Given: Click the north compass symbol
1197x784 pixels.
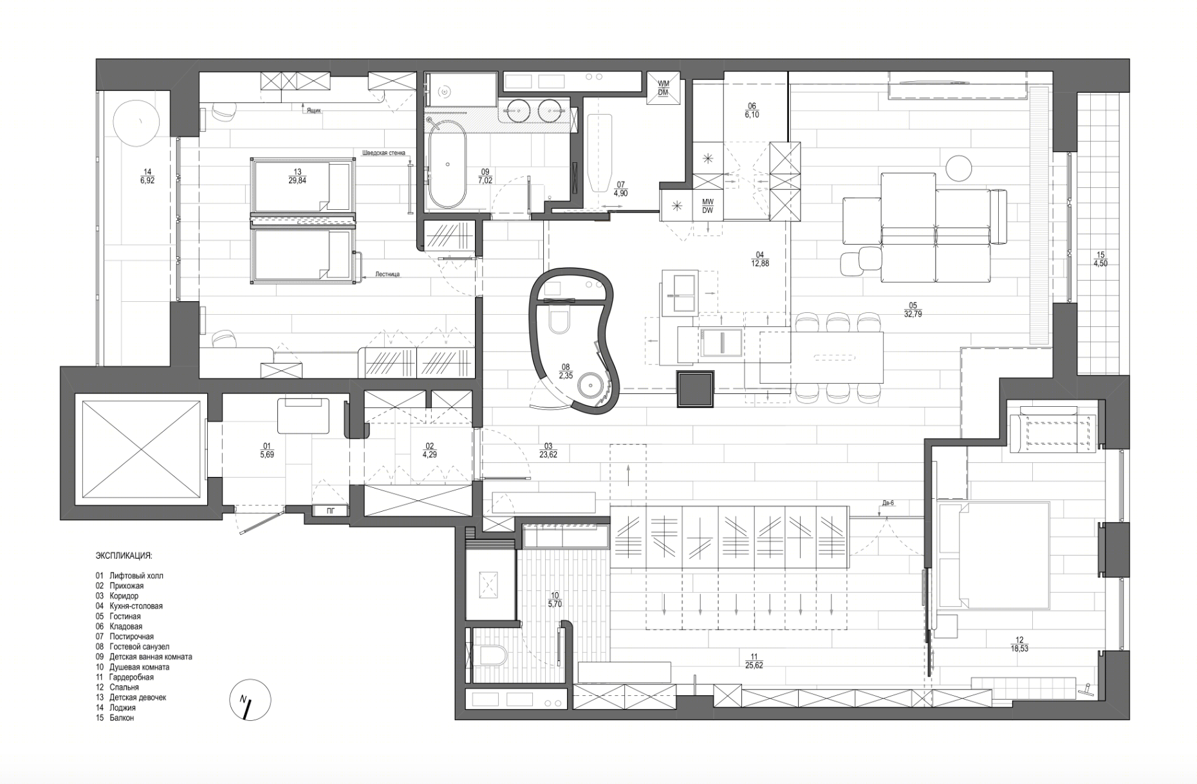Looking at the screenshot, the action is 250,700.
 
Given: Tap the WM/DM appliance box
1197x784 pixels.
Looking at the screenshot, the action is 663,88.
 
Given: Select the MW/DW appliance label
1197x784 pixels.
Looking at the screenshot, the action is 707,206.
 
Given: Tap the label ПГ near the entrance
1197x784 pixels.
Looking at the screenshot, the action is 330,511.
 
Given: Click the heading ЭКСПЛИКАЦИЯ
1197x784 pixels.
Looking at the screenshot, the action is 124,555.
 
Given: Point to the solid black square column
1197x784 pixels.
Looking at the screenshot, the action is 694,388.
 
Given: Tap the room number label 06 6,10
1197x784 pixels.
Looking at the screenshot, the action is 752,110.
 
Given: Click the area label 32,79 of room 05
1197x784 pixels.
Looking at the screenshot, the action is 913,314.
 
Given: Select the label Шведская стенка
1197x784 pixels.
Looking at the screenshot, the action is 384,153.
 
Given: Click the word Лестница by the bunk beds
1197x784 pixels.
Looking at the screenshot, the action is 388,274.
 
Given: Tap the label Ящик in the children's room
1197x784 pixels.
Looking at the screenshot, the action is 313,111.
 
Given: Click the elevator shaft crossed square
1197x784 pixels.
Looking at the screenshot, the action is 140,448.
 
